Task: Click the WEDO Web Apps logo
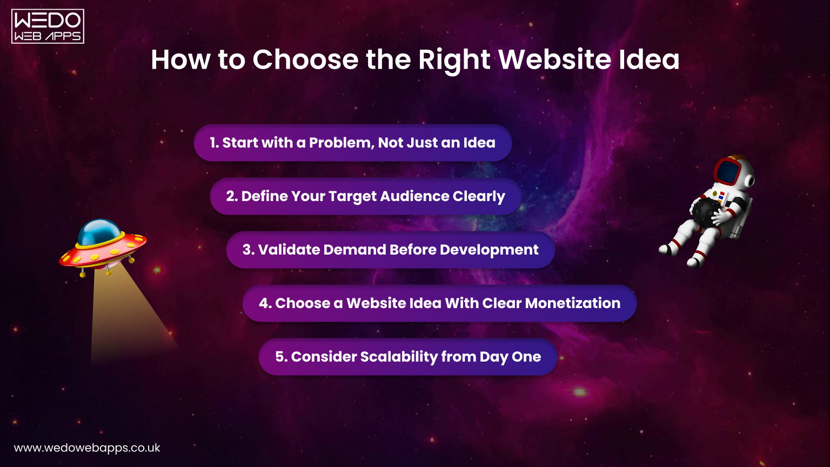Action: point(48,26)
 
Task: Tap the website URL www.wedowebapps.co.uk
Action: point(87,448)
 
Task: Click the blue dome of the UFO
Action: point(99,231)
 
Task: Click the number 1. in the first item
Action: point(215,143)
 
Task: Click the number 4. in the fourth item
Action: point(265,303)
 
